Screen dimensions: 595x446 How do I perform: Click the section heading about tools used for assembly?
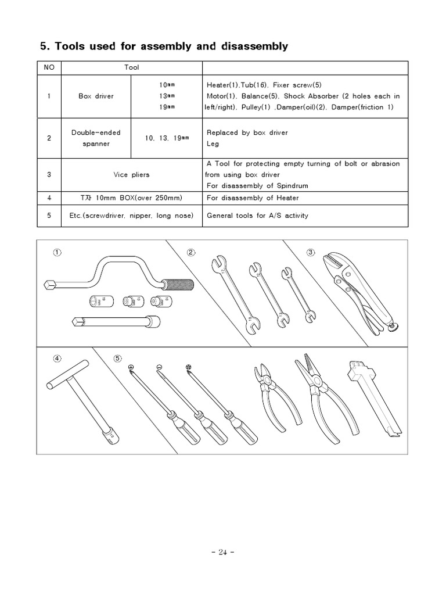coord(163,46)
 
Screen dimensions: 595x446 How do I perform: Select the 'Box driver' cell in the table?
coord(96,96)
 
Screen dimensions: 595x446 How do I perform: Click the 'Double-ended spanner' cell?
coord(96,138)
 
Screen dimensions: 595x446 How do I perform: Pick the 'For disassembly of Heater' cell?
coord(250,198)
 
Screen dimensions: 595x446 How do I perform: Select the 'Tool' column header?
coord(132,67)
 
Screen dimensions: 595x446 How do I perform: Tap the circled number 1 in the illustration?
coord(57,252)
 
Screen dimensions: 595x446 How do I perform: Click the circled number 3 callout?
coord(311,252)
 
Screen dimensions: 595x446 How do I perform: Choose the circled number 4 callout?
coord(57,358)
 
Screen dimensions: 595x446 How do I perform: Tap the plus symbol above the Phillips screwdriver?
coord(131,366)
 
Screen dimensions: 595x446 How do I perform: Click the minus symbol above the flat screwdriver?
coord(159,366)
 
